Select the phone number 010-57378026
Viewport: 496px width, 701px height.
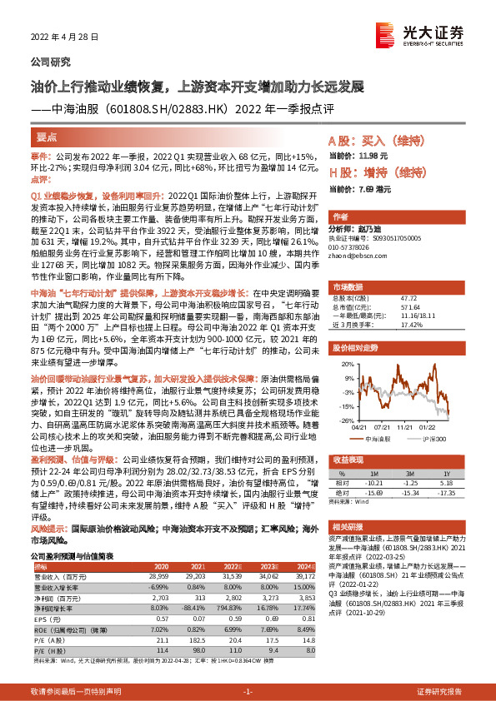point(352,246)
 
